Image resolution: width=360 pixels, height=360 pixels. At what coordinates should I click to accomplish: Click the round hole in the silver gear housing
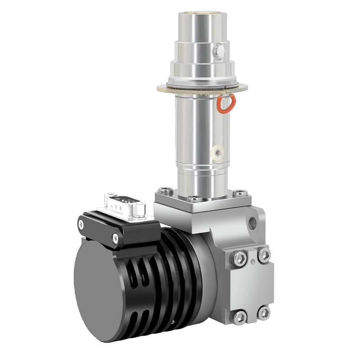pos(252,222)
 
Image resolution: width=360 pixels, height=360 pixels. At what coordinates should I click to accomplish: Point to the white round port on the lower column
pos(218,153)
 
